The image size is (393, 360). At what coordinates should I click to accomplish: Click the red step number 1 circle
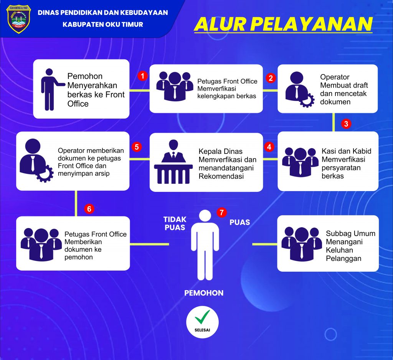[143, 76]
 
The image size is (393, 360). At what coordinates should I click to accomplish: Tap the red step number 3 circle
[346, 124]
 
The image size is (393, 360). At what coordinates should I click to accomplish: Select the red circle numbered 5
[136, 147]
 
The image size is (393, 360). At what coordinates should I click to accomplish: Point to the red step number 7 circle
[221, 212]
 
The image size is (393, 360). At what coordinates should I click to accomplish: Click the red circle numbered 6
[89, 209]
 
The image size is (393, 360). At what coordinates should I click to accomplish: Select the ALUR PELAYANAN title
[283, 24]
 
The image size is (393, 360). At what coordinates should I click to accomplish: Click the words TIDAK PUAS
[175, 223]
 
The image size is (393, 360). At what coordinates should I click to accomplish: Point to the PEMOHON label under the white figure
[204, 293]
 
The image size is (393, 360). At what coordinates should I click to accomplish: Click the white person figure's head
[205, 216]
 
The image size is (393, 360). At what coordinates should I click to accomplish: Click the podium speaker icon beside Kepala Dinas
[173, 162]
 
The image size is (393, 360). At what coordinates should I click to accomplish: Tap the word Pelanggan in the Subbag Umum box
[343, 259]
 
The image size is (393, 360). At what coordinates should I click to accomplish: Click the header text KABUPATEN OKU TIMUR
[103, 25]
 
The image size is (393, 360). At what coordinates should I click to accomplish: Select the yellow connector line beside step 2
[270, 91]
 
